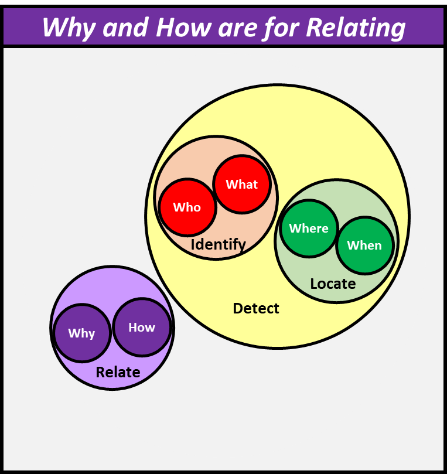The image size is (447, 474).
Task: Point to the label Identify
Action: point(218,244)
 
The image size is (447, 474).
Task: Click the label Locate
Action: point(333,284)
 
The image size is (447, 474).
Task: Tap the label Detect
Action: point(256,308)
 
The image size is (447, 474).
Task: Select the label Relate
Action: point(118,372)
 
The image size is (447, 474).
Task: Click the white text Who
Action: point(187,207)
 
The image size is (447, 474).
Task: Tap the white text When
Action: point(364,245)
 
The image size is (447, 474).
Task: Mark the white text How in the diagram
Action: point(142,328)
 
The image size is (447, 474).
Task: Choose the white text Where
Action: point(309,229)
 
